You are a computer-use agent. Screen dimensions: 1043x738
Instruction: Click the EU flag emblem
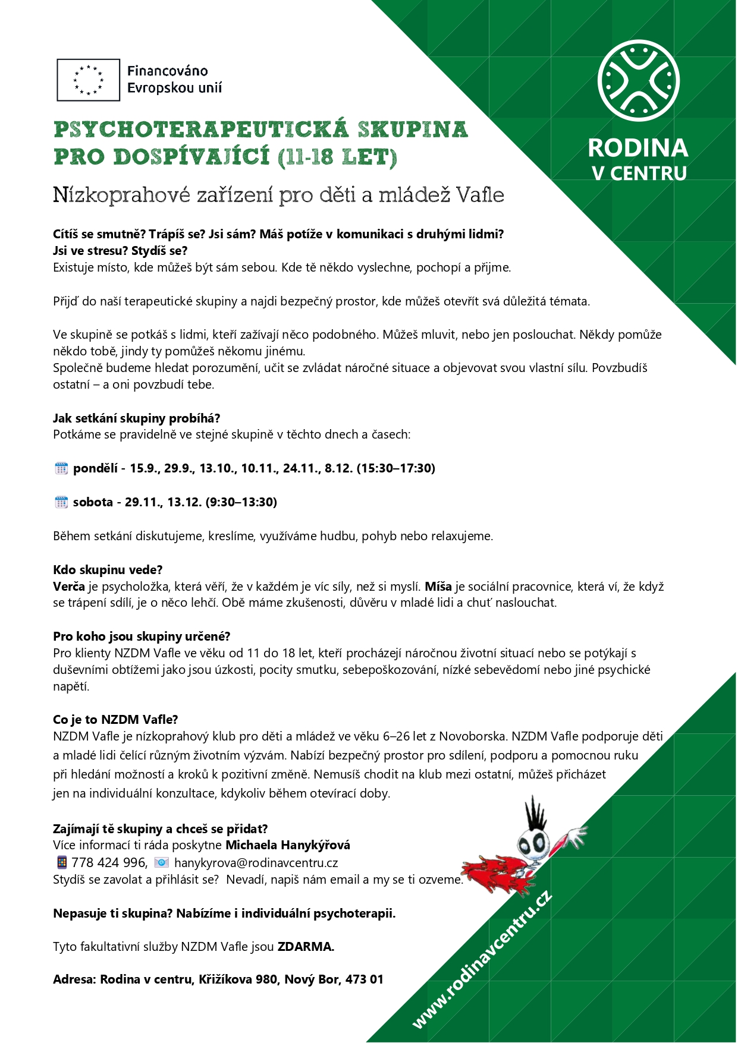[88, 80]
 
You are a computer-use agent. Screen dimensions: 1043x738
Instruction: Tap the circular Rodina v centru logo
[638, 81]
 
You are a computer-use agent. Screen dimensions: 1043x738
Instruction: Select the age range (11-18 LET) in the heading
[337, 157]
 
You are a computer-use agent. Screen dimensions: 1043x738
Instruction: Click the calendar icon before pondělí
[61, 468]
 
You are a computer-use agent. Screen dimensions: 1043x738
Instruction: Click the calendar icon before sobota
[61, 502]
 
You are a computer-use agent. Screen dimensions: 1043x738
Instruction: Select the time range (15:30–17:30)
[396, 468]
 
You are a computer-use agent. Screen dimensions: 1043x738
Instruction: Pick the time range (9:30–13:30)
[241, 502]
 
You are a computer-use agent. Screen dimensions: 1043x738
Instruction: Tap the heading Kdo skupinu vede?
[108, 570]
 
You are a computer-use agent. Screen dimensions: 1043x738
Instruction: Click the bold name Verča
[69, 587]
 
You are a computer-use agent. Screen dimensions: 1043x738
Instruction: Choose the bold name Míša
[438, 587]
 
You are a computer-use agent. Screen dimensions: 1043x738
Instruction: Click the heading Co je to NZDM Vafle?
[115, 720]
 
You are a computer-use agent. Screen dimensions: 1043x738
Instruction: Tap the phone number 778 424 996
[109, 862]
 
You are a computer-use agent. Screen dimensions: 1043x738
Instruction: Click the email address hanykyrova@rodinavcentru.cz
[256, 862]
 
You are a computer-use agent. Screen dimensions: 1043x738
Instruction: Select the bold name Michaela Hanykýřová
[288, 845]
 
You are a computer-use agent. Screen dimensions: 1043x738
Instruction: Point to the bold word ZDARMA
[306, 947]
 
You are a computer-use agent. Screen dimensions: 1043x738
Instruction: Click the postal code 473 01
[364, 979]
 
